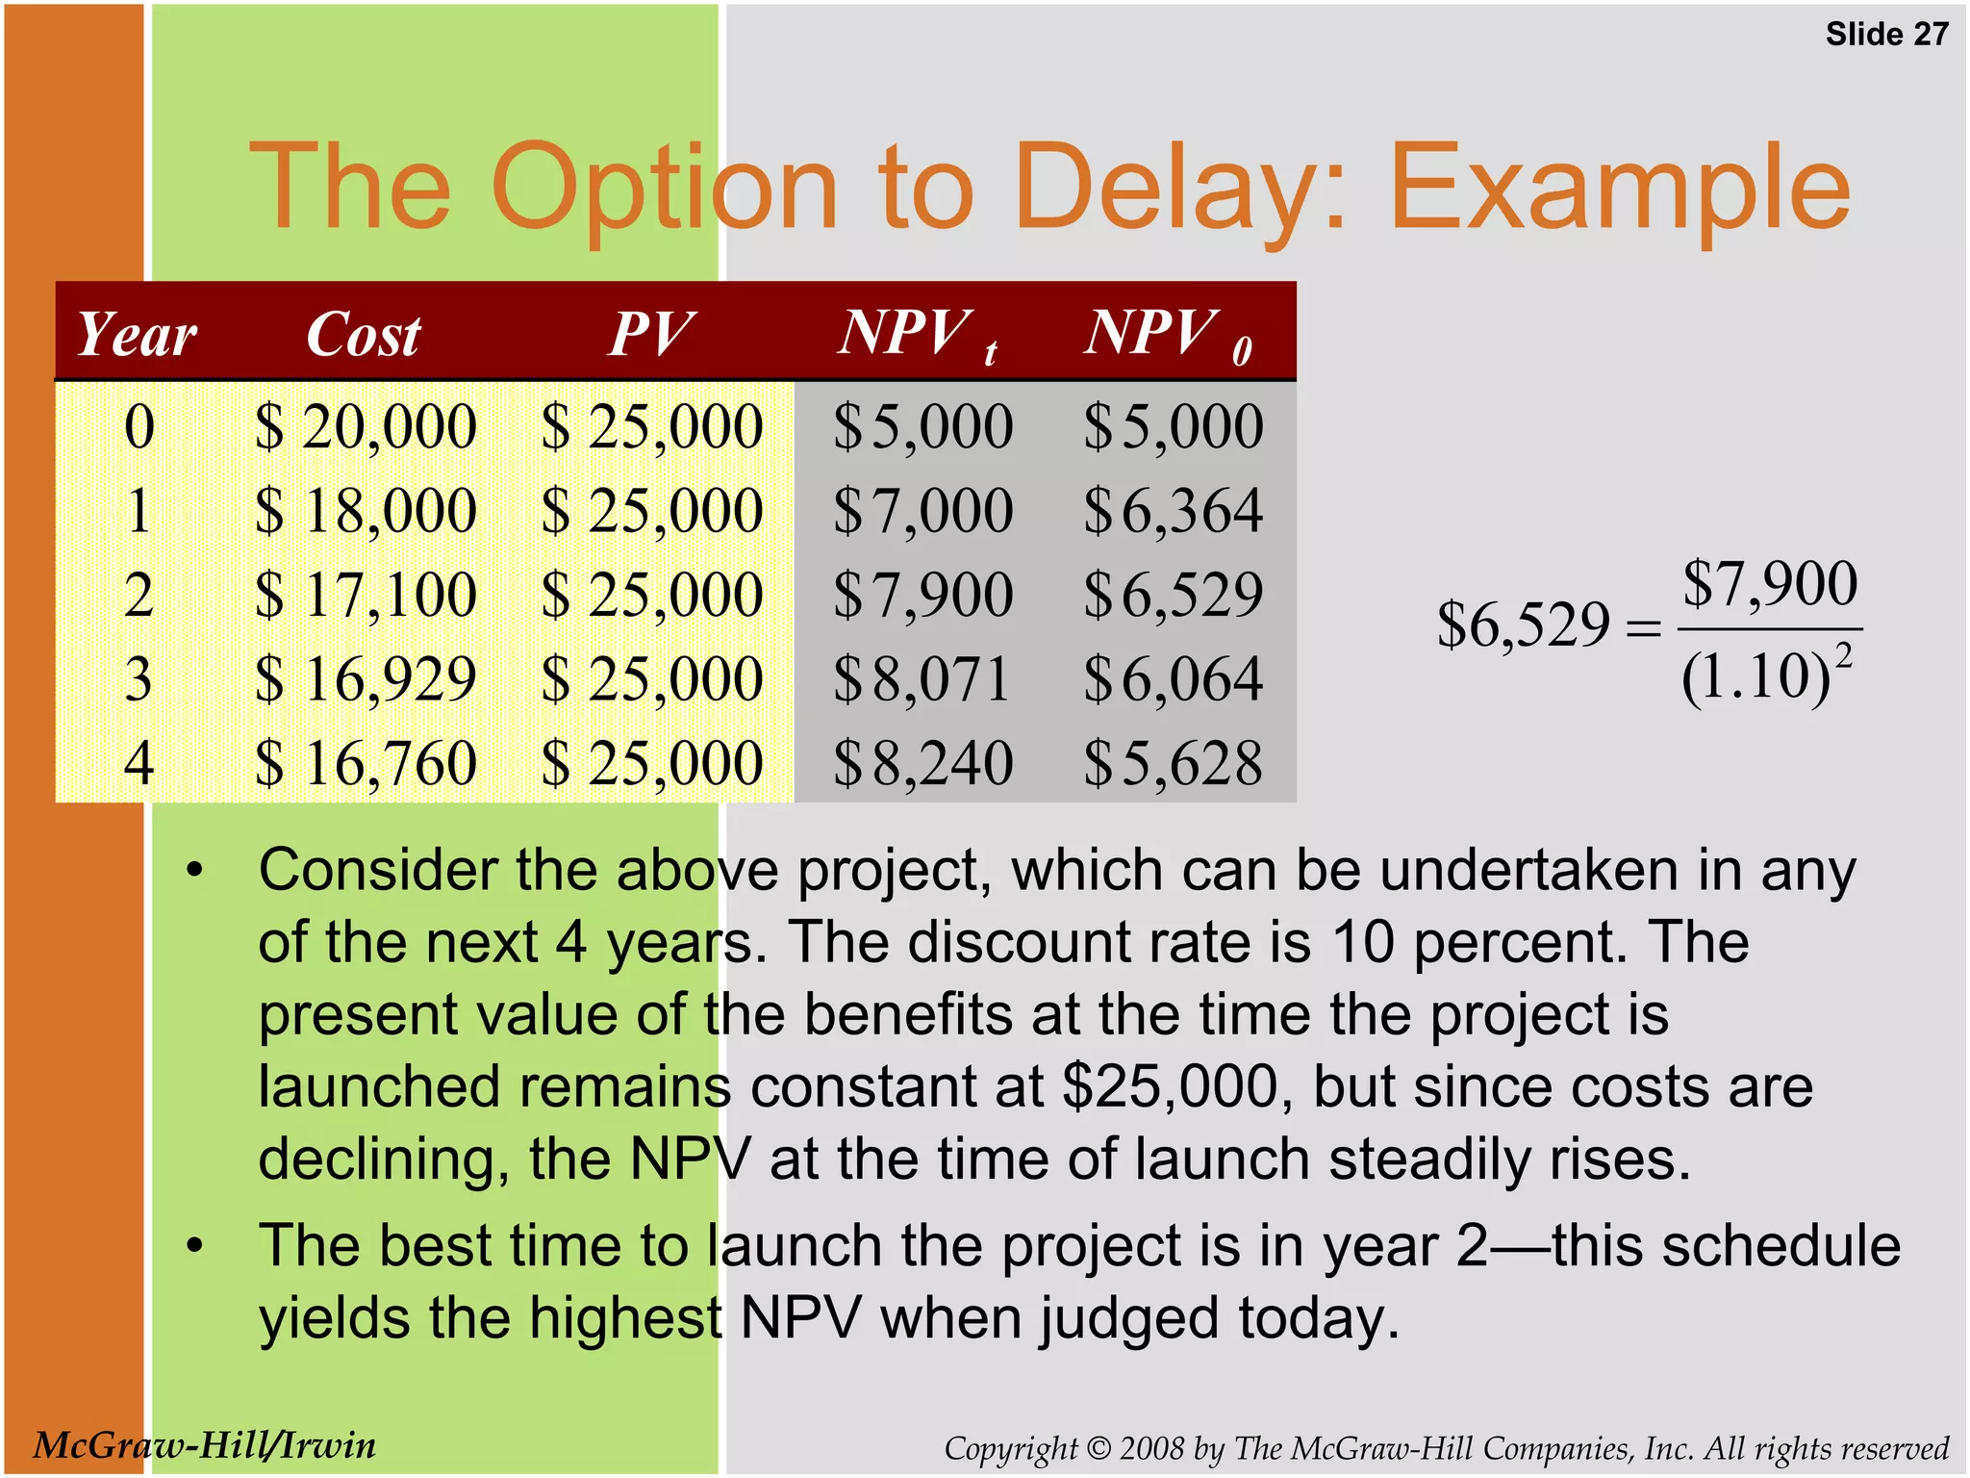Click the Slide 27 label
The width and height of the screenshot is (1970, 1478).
1886,35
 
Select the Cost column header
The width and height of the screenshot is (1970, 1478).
364,335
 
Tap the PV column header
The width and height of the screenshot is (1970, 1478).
651,335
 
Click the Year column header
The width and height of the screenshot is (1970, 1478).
137,335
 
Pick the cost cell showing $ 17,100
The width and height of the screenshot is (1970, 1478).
366,595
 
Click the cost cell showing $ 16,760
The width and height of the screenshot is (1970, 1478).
366,763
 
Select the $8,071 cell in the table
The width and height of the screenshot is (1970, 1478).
922,679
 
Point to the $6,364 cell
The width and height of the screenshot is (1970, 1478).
1173,511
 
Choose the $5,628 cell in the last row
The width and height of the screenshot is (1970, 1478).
1173,763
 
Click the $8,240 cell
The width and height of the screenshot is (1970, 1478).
922,763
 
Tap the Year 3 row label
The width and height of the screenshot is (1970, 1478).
139,679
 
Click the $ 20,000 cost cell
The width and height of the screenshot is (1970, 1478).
366,427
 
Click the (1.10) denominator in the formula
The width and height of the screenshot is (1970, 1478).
1755,677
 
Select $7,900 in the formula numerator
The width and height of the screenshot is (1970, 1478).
1770,583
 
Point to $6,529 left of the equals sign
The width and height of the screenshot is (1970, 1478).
1523,624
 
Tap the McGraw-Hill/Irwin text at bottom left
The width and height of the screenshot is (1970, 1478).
204,1445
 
